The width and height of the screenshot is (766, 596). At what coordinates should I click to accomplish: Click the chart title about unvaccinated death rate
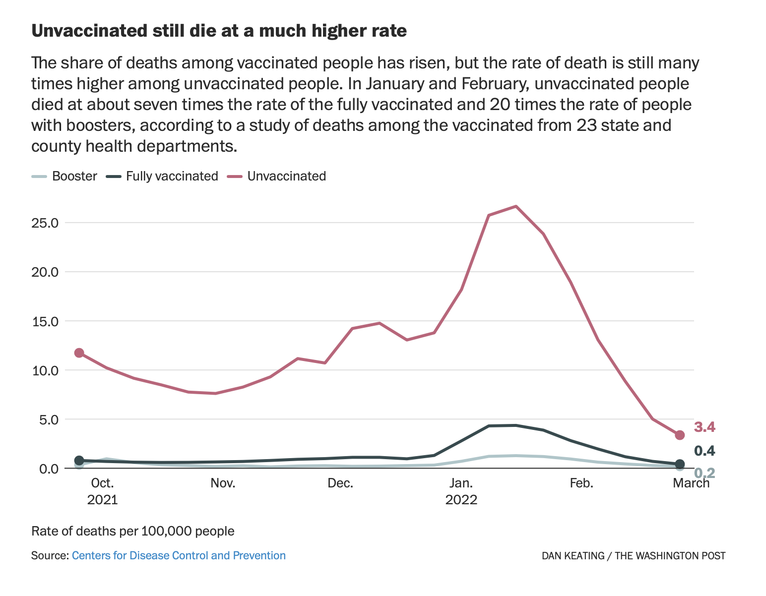tap(219, 31)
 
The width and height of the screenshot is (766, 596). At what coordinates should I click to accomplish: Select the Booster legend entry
tap(74, 176)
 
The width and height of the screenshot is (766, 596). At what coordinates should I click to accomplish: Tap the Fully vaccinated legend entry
tap(172, 176)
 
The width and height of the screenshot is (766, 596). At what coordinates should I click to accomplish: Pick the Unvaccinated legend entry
tap(286, 176)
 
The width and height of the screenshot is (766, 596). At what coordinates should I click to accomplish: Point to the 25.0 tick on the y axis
tap(45, 223)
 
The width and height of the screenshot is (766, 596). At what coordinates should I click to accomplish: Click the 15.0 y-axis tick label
tap(45, 321)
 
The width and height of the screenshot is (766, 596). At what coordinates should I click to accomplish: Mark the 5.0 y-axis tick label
tap(48, 419)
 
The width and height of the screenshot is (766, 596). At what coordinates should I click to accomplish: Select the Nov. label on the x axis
tap(223, 483)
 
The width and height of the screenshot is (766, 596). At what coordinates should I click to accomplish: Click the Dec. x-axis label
tap(340, 483)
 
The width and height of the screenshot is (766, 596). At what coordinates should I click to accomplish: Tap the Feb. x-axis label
tap(581, 483)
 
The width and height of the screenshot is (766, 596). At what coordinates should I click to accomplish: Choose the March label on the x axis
tap(691, 483)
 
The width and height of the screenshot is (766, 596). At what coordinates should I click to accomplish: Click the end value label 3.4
tap(704, 427)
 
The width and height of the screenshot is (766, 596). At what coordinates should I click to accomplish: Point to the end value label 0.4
tap(704, 451)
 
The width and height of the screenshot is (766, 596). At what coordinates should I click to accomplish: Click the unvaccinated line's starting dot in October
tap(79, 353)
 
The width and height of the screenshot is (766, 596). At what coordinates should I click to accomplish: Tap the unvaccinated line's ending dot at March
tap(680, 435)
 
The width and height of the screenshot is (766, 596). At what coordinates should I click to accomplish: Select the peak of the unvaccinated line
tap(516, 206)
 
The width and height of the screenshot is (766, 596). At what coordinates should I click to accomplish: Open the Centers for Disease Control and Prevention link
tap(179, 555)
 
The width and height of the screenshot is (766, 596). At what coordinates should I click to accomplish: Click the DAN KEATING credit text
tap(573, 556)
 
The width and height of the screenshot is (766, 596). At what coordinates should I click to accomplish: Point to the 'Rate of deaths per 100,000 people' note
tap(132, 531)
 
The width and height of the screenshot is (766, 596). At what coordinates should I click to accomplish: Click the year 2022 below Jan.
tap(461, 499)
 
